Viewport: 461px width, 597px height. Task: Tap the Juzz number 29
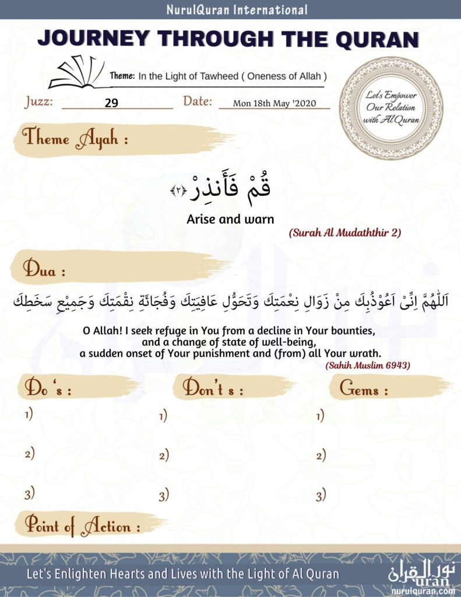coord(112,103)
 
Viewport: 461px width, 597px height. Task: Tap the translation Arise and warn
coord(230,219)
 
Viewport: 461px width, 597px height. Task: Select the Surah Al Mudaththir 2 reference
coord(345,233)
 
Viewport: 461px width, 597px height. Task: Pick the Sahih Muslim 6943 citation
coord(368,365)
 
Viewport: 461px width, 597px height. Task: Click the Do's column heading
coord(48,389)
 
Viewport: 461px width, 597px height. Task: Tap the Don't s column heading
coord(213,389)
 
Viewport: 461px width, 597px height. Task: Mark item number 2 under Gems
coord(321,455)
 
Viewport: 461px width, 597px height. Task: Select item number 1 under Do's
coord(29,415)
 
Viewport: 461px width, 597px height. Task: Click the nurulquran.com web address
coord(423,591)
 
